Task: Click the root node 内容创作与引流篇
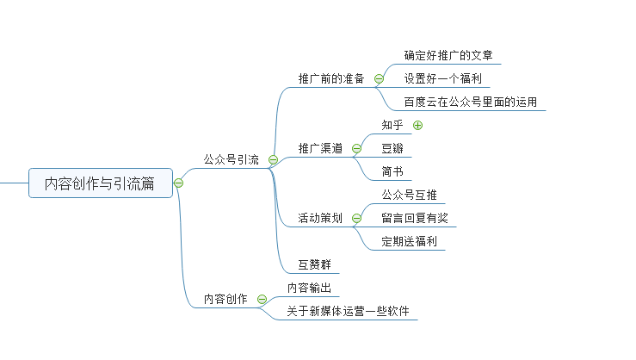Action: point(101,183)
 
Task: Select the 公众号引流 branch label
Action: point(231,159)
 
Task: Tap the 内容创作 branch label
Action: point(225,299)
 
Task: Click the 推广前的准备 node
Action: point(331,78)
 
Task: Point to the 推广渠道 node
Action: point(320,148)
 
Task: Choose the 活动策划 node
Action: point(320,218)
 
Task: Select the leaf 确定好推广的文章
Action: point(448,55)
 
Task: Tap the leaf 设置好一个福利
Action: point(442,78)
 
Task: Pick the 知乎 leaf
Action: point(392,125)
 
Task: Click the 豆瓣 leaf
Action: point(392,148)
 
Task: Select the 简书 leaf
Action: point(392,171)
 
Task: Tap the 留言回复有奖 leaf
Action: point(415,217)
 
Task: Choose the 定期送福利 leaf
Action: point(409,240)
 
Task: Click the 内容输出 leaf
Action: point(310,288)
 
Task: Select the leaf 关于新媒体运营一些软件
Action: point(348,310)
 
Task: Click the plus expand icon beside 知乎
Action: point(418,125)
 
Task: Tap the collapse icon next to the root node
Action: point(178,183)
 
